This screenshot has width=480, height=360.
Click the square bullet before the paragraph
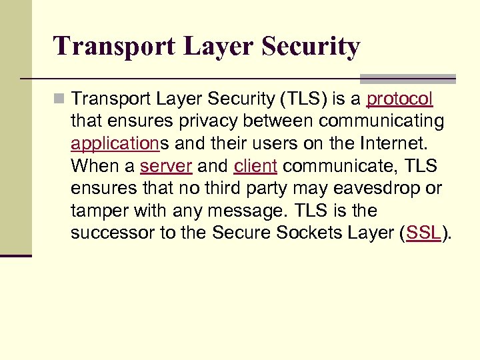(x=60, y=100)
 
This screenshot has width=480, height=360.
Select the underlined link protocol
(x=400, y=99)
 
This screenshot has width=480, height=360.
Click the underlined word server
(x=166, y=166)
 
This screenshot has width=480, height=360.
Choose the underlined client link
(x=255, y=166)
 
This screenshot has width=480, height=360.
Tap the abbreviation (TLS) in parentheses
(x=307, y=99)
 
